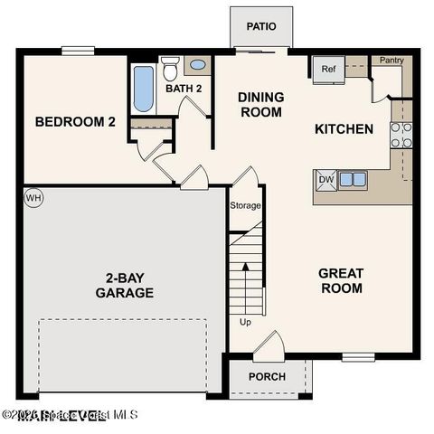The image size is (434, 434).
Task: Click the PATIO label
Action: tap(261, 26)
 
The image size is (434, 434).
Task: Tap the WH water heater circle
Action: tap(33, 197)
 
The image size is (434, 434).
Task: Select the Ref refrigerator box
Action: tap(327, 69)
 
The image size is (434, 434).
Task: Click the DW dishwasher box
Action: tap(325, 179)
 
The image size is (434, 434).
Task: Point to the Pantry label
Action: tap(392, 61)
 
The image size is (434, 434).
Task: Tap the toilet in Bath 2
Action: tap(171, 67)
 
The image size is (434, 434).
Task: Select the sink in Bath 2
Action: tap(196, 65)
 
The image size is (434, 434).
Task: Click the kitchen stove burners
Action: tap(401, 135)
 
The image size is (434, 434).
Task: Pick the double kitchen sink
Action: tap(353, 179)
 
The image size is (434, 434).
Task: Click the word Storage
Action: tap(245, 206)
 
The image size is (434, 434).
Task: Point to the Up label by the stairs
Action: tap(245, 322)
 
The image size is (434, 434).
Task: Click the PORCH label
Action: tap(267, 377)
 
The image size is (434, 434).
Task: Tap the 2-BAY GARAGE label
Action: tap(125, 285)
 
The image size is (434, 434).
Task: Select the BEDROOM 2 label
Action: tap(75, 122)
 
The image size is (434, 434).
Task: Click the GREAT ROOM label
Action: tap(341, 280)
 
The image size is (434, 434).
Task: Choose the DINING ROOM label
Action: tap(260, 105)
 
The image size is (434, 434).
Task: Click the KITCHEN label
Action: tap(344, 129)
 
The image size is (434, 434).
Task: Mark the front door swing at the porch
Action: tap(269, 344)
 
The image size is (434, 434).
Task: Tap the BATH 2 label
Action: tap(184, 89)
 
